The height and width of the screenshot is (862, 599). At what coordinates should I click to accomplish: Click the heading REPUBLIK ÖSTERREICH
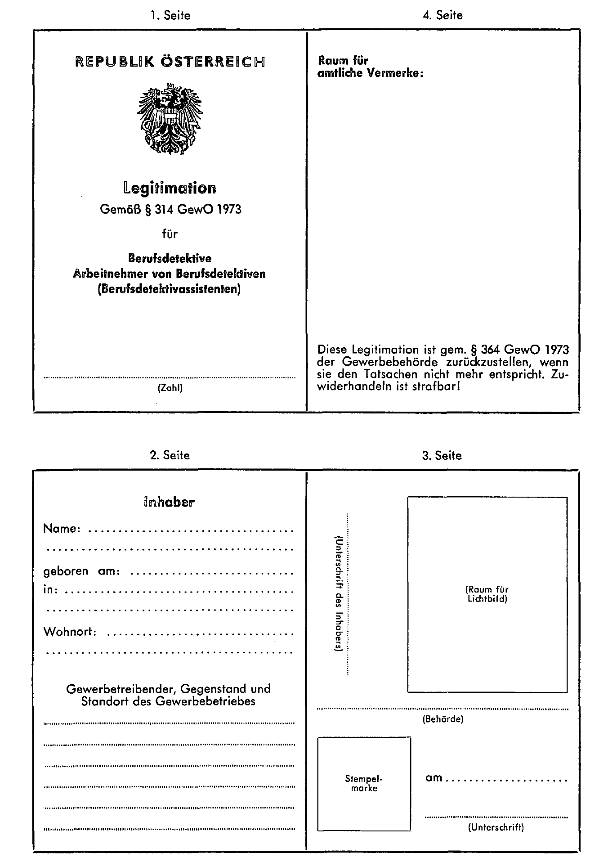[170, 62]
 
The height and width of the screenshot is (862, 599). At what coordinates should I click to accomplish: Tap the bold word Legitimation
[170, 188]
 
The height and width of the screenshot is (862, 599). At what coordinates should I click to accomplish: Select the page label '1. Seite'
[170, 16]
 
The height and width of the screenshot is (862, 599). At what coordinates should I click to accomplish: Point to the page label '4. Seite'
[443, 16]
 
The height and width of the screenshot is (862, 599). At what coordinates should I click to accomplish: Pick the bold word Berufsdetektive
[170, 259]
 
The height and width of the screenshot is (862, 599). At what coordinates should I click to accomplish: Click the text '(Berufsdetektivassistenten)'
[169, 289]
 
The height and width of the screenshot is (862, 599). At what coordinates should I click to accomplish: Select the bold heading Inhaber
[169, 502]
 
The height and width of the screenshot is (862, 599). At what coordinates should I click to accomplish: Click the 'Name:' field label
[62, 529]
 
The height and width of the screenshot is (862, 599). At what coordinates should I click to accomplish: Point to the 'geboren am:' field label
[81, 571]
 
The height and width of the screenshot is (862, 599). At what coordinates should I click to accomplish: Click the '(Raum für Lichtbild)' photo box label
[487, 594]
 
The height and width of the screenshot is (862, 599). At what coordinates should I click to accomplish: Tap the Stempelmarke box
[364, 783]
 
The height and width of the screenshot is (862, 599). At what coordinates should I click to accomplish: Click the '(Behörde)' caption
[443, 719]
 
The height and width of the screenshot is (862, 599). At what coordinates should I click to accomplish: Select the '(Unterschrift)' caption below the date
[496, 827]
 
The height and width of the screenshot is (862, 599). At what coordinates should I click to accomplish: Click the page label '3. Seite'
[442, 456]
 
